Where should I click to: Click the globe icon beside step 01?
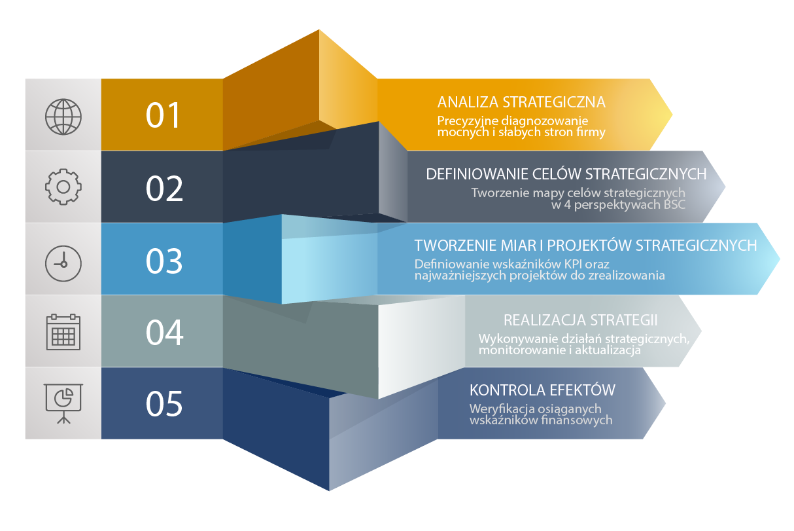(x=63, y=117)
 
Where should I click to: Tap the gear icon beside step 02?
(x=63, y=187)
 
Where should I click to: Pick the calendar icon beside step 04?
(x=63, y=332)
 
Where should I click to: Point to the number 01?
(x=164, y=116)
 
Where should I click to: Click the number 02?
(x=164, y=189)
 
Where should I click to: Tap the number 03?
(x=164, y=261)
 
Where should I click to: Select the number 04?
(x=164, y=333)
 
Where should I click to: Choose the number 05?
(x=164, y=405)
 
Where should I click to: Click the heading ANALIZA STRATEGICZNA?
(x=521, y=102)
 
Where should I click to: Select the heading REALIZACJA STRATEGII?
(x=580, y=320)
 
